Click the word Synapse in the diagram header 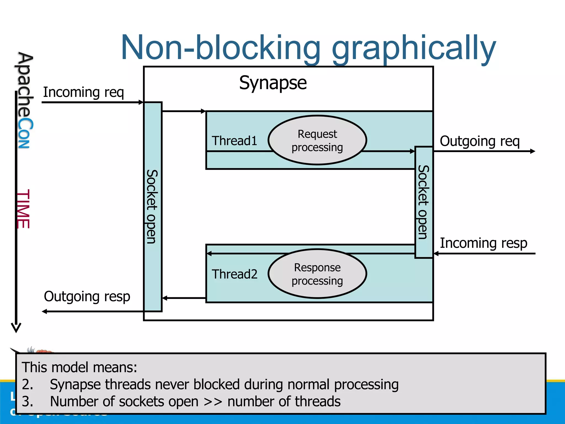[273, 83]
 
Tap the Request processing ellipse [317, 140]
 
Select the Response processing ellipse [317, 274]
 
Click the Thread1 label [234, 141]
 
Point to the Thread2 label [234, 274]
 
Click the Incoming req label [83, 92]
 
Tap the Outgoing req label [479, 141]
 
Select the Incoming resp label [483, 243]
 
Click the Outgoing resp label [87, 296]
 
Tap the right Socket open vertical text [423, 202]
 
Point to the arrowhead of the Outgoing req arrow [533, 151]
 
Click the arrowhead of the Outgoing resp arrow [44, 311]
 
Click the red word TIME [23, 209]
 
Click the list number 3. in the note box [27, 401]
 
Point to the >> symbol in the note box [213, 402]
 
